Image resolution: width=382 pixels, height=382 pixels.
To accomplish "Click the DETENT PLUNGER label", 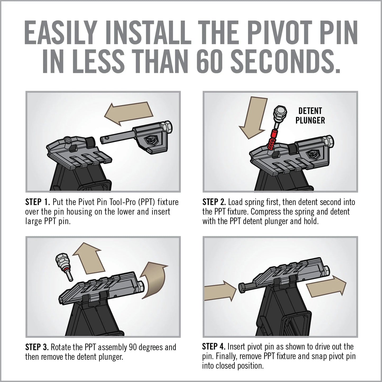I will (310, 116).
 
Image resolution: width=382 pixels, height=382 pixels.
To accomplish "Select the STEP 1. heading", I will (37, 202).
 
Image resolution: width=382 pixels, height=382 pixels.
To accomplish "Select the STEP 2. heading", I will (214, 202).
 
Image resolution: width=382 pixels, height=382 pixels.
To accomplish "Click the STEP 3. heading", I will (37, 347).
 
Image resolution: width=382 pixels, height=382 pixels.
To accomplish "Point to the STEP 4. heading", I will (214, 347).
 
